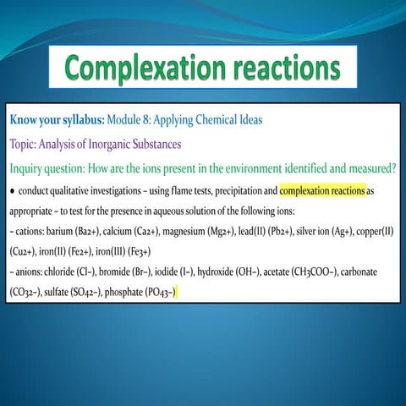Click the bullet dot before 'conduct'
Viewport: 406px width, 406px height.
click(x=11, y=190)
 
